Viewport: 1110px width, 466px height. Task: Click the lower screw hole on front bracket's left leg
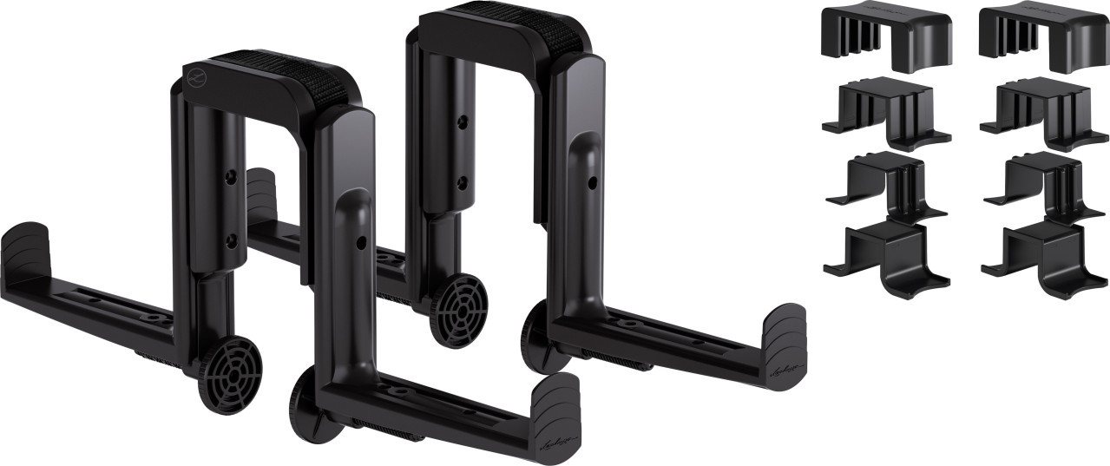(x=232, y=240)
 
